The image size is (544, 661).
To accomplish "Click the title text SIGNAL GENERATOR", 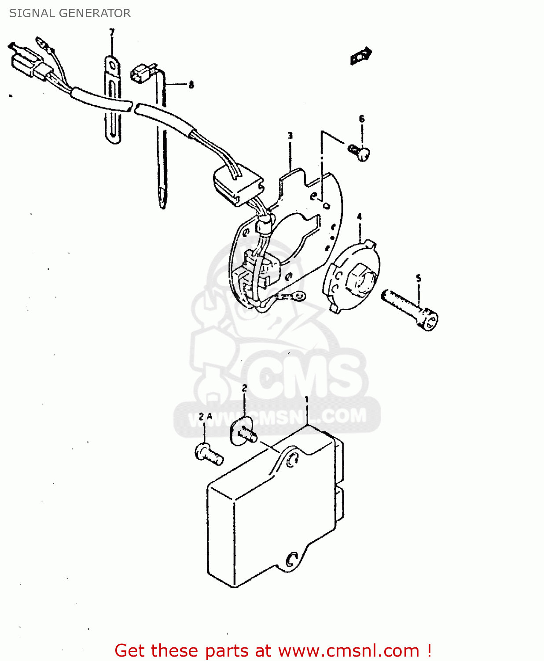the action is tap(70, 13).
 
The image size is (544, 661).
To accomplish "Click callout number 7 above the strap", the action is tap(112, 32).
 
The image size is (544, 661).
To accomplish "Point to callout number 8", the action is tap(191, 85).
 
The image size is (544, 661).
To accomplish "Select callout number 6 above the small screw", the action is tap(362, 119).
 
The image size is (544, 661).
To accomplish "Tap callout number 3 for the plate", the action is tap(290, 136).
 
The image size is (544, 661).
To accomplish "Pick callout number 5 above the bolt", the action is tap(419, 279).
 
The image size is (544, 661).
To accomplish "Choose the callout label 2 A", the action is tap(205, 417).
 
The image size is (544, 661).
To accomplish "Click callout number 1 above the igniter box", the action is tap(306, 400).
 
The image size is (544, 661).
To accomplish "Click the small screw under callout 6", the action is tap(359, 153).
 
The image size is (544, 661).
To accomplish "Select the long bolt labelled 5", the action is tap(410, 310).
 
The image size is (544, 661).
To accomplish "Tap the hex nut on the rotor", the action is tap(360, 279).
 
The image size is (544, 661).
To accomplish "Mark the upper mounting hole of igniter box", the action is tap(291, 459).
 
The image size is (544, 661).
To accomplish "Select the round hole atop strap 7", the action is tap(112, 66).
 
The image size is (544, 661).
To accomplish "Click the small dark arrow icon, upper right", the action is tap(361, 56).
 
